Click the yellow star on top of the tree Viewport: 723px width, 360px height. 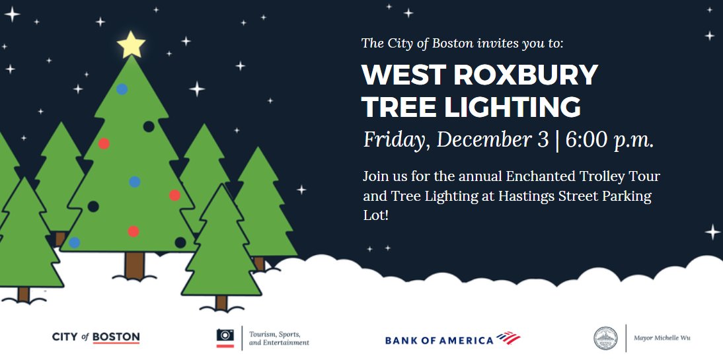pyautogui.click(x=131, y=44)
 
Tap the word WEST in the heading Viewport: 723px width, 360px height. pyautogui.click(x=395, y=75)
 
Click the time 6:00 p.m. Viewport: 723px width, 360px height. pyautogui.click(x=609, y=140)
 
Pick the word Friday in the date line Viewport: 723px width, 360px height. pyautogui.click(x=395, y=141)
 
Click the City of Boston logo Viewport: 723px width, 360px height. pyautogui.click(x=96, y=338)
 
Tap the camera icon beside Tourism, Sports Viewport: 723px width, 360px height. pyautogui.click(x=225, y=338)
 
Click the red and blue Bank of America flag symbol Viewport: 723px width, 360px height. pyautogui.click(x=508, y=338)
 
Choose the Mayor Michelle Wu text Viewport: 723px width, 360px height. pyautogui.click(x=662, y=338)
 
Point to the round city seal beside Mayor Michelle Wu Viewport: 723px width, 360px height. pyautogui.click(x=605, y=338)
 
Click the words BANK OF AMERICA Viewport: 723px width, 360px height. pyautogui.click(x=439, y=340)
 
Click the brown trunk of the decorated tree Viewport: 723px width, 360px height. pyautogui.click(x=135, y=264)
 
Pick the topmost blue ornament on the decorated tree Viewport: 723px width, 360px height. pyautogui.click(x=122, y=89)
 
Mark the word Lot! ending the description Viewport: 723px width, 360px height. pyautogui.click(x=375, y=215)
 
